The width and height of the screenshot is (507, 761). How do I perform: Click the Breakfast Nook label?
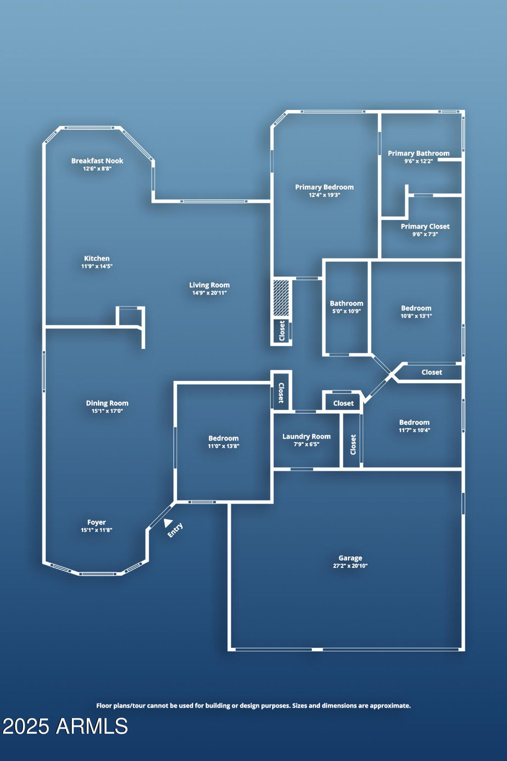coord(97,161)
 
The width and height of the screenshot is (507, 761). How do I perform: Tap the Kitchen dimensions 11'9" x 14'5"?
coord(97,266)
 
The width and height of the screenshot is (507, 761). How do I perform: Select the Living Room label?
coord(209,285)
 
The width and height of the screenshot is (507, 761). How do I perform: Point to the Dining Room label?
coord(107,403)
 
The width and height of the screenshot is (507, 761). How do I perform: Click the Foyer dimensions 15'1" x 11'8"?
coord(97,530)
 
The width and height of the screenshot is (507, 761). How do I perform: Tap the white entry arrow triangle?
coord(167,523)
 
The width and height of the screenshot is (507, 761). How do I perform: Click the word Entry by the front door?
coord(175,530)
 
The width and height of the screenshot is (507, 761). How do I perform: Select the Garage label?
coord(350,558)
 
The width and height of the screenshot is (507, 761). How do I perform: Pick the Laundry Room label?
coord(306,436)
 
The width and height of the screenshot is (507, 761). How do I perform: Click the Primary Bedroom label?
coord(324,187)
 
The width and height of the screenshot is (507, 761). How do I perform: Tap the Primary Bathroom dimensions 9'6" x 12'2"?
coord(418,161)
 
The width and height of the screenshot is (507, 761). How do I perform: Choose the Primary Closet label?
coord(425,226)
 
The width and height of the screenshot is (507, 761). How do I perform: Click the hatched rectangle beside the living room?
coord(281,298)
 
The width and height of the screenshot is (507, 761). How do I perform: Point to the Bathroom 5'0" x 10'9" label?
coord(347,307)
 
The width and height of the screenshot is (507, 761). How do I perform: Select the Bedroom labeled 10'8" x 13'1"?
coord(416,311)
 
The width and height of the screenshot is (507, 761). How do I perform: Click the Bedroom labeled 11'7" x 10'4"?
coord(414,426)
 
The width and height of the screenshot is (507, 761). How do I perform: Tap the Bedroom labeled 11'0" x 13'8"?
coord(223,441)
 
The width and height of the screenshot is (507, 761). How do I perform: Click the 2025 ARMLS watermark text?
coord(65,726)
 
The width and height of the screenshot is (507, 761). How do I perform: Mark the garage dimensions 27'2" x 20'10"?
coord(350,566)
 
